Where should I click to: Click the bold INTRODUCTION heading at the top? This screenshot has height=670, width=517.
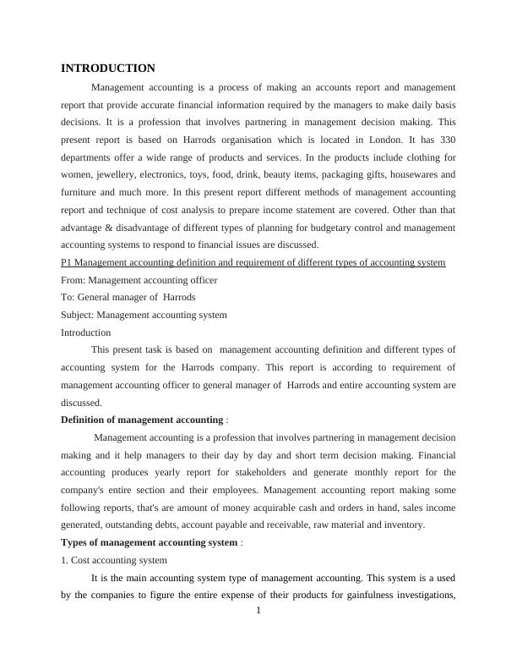(107, 68)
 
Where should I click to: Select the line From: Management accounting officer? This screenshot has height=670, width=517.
(139, 280)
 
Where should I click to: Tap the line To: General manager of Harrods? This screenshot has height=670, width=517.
(128, 298)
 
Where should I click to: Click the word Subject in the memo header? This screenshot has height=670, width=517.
(77, 315)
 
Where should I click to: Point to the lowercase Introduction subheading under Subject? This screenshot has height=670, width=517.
(85, 332)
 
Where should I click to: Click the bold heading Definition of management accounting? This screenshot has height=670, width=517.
(142, 420)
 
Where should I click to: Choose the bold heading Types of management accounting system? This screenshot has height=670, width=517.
(149, 542)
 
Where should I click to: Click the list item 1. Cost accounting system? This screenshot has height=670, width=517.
(114, 560)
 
